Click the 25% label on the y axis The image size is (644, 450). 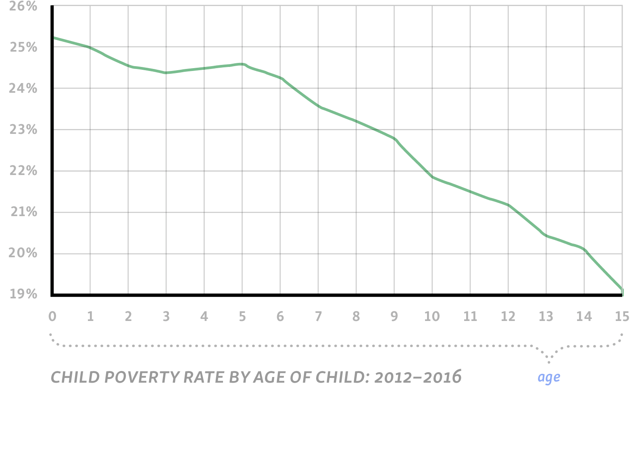pos(23,48)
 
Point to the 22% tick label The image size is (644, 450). pos(23,171)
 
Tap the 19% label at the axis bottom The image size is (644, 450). pos(23,294)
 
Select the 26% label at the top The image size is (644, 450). pos(23,6)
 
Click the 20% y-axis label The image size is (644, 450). pos(23,253)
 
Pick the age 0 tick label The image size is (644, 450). pos(52,317)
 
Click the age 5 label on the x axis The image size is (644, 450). pos(242,317)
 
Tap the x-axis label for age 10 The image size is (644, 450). pos(432,317)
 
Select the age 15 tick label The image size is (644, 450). pos(622,317)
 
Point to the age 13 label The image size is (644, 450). pos(546,317)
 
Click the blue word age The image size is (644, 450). pos(549,378)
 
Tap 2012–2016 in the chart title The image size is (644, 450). pos(417,377)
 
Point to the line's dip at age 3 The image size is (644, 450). pos(166,73)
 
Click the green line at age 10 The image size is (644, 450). pos(432,177)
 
